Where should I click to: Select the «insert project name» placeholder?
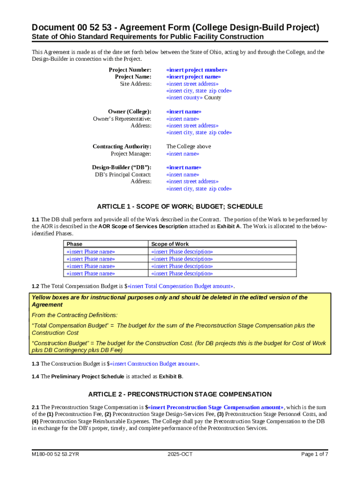point(194,77)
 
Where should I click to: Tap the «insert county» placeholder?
point(185,98)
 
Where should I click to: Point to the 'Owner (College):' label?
point(130,112)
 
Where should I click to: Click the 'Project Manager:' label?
point(131,154)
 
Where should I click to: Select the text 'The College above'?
point(188,146)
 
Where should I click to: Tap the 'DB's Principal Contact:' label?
point(123,174)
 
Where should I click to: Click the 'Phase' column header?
point(74,244)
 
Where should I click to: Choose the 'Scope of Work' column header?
point(170,244)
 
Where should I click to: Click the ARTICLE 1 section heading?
point(180,206)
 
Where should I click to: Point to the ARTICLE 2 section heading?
point(180,394)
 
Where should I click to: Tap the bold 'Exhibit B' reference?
point(171,376)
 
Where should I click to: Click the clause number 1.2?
point(35,286)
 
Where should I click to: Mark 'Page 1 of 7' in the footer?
point(315,454)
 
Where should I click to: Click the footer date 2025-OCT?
point(180,454)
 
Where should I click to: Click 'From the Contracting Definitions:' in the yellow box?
point(74,315)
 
